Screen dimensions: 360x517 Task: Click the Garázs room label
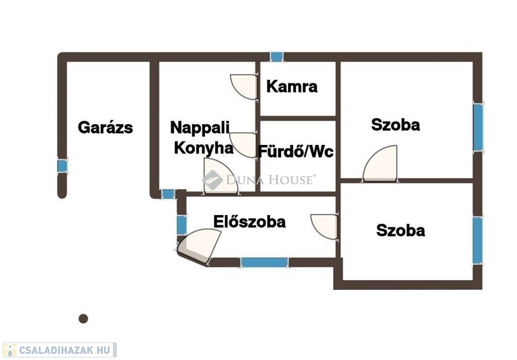tap(105, 127)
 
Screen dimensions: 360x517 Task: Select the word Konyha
tap(203, 148)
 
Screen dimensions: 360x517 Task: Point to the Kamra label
tap(292, 87)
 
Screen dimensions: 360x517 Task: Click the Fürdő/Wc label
tap(296, 151)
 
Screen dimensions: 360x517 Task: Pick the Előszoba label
tap(249, 222)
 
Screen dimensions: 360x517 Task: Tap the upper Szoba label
tap(395, 125)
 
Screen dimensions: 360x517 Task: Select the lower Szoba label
tap(400, 231)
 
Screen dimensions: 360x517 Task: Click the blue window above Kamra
tap(277, 57)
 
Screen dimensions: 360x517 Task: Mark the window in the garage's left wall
tap(62, 166)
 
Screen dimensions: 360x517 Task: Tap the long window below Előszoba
tap(264, 262)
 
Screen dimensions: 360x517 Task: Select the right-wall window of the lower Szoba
tap(477, 240)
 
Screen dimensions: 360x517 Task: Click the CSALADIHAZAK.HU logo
tap(59, 349)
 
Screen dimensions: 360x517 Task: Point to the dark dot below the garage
tap(83, 319)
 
